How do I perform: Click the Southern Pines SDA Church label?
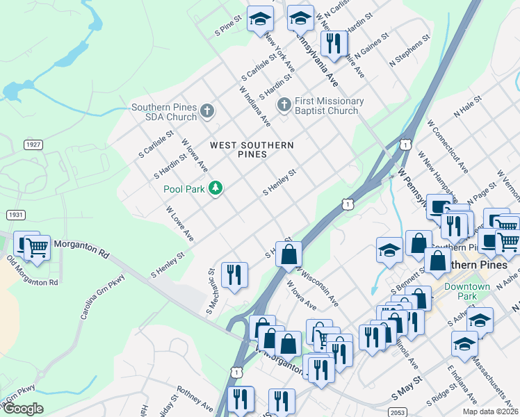pyautogui.click(x=164, y=112)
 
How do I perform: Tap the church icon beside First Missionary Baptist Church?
pyautogui.click(x=284, y=105)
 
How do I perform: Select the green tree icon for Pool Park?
pyautogui.click(x=216, y=188)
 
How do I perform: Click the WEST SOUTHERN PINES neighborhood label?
pyautogui.click(x=252, y=149)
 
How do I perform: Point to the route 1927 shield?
pyautogui.click(x=32, y=144)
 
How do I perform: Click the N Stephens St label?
pyautogui.click(x=409, y=49)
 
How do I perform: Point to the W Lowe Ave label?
pyautogui.click(x=179, y=224)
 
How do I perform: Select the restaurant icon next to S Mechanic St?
pyautogui.click(x=234, y=275)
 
